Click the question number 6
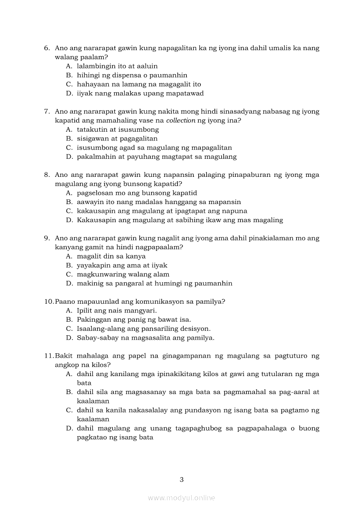click(47, 48)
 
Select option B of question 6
click(132, 75)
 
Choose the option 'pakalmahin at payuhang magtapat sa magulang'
click(156, 157)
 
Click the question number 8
click(47, 175)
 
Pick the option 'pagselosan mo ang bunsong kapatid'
click(137, 193)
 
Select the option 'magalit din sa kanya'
click(111, 256)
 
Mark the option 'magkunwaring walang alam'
click(123, 275)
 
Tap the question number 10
click(48, 302)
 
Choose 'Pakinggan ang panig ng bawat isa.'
click(134, 320)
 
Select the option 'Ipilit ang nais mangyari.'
click(116, 311)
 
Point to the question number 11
click(48, 356)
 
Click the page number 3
click(181, 480)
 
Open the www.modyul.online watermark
click(181, 498)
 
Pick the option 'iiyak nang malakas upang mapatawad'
click(140, 93)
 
